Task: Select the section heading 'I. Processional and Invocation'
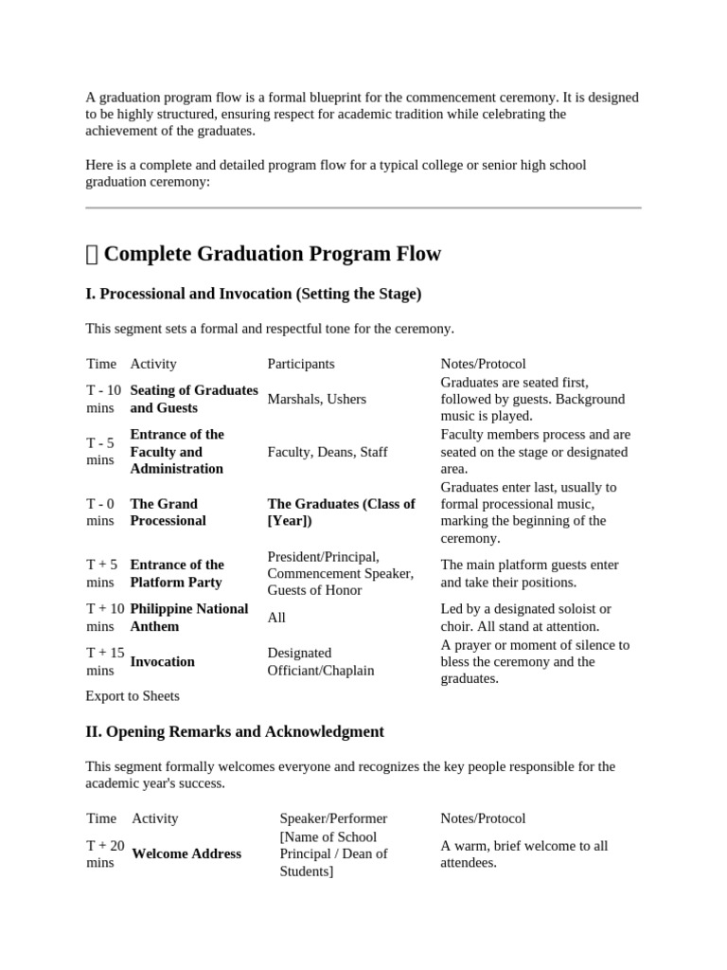tap(253, 294)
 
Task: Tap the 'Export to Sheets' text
tap(132, 695)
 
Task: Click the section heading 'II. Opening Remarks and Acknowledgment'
tap(235, 731)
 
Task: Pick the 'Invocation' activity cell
tap(162, 661)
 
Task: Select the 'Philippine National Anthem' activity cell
tap(188, 617)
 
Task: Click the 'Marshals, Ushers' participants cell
tap(316, 399)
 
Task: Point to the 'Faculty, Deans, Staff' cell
tap(328, 452)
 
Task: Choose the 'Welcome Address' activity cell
tap(186, 853)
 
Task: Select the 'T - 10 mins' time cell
tap(103, 399)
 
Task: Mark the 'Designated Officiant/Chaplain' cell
tap(321, 661)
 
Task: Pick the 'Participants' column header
tap(301, 364)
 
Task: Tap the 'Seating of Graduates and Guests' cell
tap(193, 399)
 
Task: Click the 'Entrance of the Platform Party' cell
tap(177, 573)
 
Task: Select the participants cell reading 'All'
tap(276, 618)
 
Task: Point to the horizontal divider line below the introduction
tap(363, 207)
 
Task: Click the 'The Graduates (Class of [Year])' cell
tap(341, 512)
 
